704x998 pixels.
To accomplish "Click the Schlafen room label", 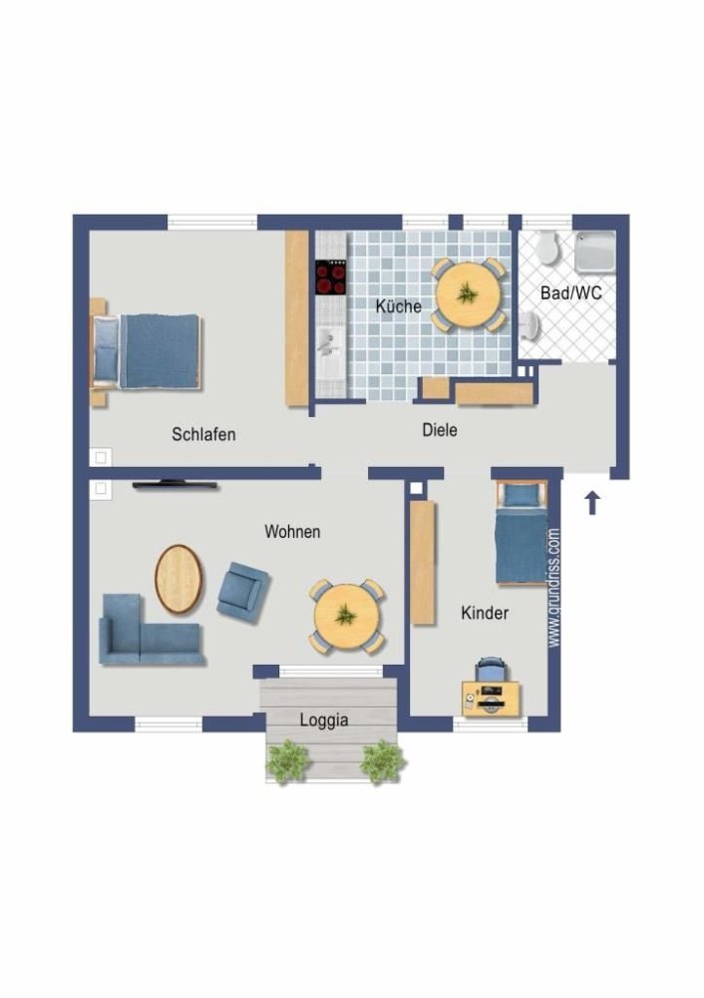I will [203, 434].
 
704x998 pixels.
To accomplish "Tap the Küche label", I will [398, 306].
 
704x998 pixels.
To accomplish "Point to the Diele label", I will [440, 430].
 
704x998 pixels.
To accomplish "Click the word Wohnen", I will [292, 532].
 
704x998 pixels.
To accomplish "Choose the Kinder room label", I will [485, 613].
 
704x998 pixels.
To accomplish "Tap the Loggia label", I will [324, 719].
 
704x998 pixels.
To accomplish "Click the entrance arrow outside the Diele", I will [591, 502].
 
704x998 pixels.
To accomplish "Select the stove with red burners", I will [331, 276].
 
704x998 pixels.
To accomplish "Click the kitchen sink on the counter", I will [327, 344].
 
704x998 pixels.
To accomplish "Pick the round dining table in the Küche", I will [467, 293].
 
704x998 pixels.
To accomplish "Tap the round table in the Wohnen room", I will [346, 617].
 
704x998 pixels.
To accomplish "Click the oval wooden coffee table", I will [178, 579].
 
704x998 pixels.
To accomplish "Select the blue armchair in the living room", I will [242, 587].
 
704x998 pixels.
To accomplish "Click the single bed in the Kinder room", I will [522, 531].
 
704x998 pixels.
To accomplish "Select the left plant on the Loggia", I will [288, 760].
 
